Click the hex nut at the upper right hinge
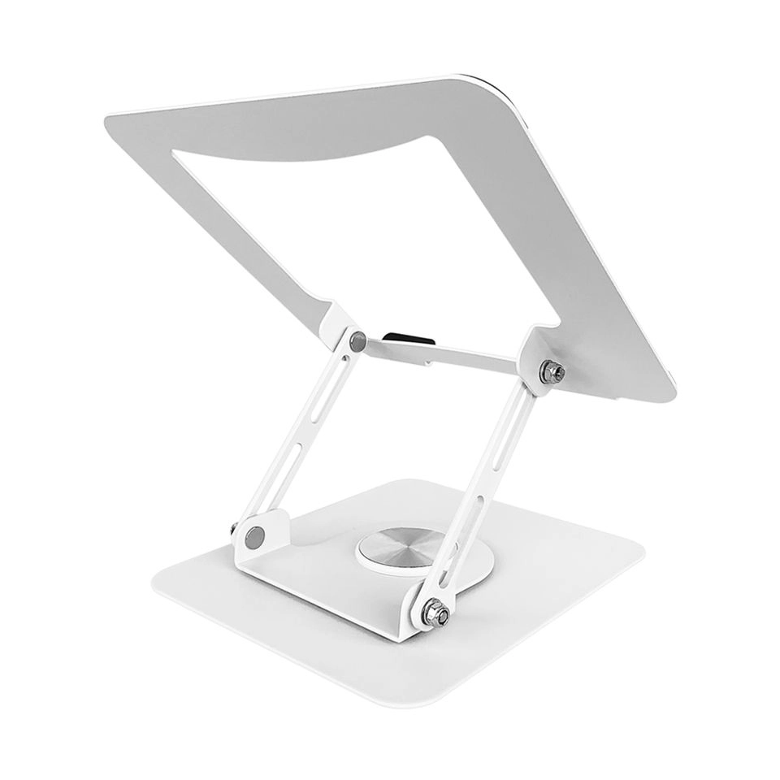552,371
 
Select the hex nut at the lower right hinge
436,613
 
